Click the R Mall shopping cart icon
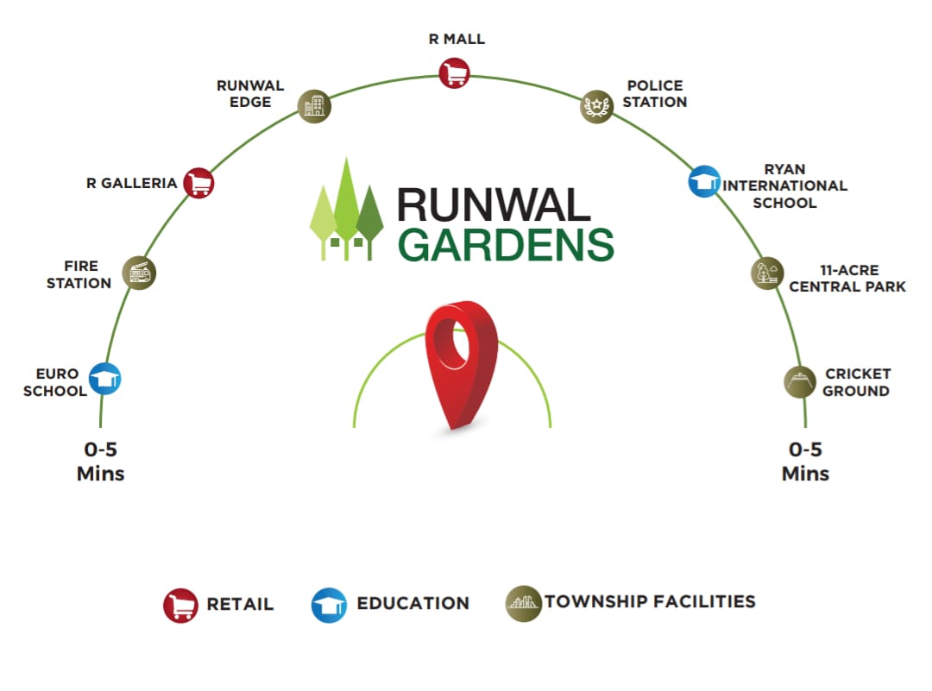[x=453, y=72]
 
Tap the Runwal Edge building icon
[x=314, y=107]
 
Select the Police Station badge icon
[x=595, y=106]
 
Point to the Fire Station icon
[x=138, y=273]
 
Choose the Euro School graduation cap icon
[x=105, y=379]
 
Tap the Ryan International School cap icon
[x=703, y=181]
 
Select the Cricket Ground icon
[x=799, y=381]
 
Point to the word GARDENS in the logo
[x=506, y=244]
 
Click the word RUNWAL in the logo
[x=494, y=204]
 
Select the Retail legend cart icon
[x=180, y=605]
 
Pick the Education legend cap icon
[x=329, y=605]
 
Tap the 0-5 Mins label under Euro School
[x=101, y=462]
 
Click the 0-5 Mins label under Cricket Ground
[x=805, y=462]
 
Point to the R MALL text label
[x=457, y=40]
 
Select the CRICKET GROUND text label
[x=857, y=382]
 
